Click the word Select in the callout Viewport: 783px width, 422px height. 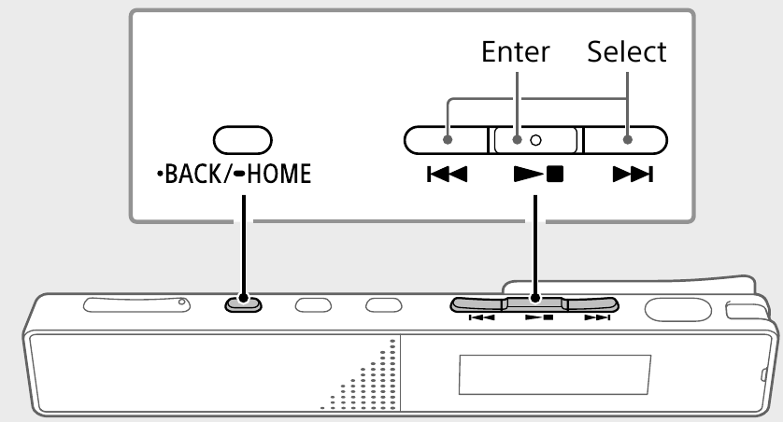[x=627, y=52]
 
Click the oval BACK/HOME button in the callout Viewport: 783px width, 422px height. [x=242, y=140]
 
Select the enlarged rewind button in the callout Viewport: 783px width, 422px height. [x=446, y=140]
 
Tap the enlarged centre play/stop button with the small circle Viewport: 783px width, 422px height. [x=534, y=140]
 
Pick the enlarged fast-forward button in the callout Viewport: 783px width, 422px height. [x=625, y=140]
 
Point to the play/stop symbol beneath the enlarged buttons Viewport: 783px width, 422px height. [x=534, y=175]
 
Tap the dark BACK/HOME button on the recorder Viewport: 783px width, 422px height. [x=242, y=302]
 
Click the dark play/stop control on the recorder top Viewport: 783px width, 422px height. [x=534, y=303]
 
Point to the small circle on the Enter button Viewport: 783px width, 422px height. [x=534, y=140]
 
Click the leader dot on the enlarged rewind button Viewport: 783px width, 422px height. [x=448, y=140]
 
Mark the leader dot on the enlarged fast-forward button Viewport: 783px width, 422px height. [x=627, y=140]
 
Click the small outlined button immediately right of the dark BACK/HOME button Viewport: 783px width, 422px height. [x=313, y=303]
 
